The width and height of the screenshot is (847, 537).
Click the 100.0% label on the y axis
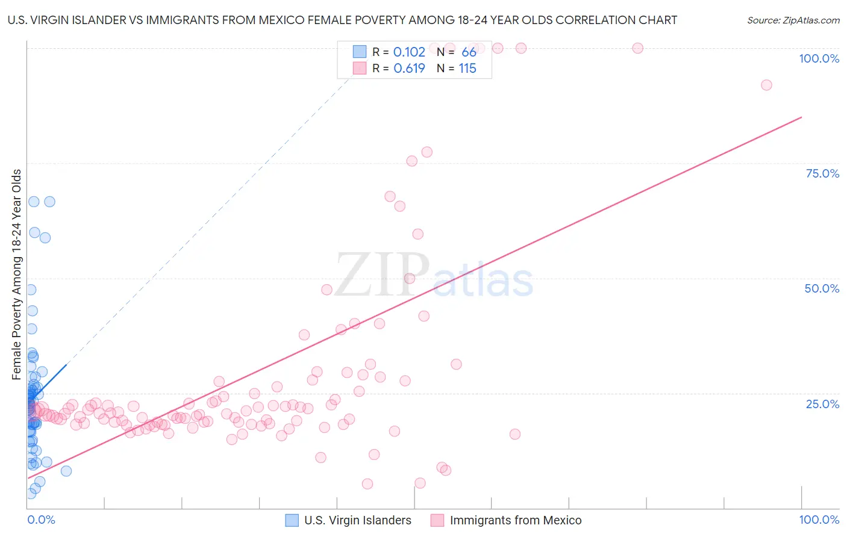tap(819, 58)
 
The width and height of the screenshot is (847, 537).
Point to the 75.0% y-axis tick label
tap(822, 173)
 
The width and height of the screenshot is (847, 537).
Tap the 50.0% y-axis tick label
tap(822, 288)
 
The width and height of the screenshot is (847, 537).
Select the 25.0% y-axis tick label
tap(822, 403)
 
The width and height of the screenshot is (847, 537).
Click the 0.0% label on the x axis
tap(41, 520)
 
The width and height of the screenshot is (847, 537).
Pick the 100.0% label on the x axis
tap(819, 520)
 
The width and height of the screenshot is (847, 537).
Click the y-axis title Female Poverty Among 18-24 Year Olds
tap(17, 275)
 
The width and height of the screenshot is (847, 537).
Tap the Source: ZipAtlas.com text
tap(793, 20)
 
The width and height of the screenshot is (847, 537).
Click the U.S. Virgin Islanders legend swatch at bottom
tap(292, 520)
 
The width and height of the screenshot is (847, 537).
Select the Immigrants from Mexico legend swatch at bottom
tap(437, 520)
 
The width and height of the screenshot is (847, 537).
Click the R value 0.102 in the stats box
tap(409, 52)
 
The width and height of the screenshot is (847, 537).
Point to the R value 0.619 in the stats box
tap(409, 69)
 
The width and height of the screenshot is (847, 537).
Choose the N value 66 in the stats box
tap(469, 52)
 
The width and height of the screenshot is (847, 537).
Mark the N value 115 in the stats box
tap(467, 69)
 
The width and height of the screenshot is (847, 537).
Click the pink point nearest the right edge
tap(766, 85)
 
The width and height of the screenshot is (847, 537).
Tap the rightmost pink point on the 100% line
tap(637, 48)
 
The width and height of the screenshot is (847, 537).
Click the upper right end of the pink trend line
tap(801, 117)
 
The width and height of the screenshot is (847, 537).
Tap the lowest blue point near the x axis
tap(31, 494)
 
